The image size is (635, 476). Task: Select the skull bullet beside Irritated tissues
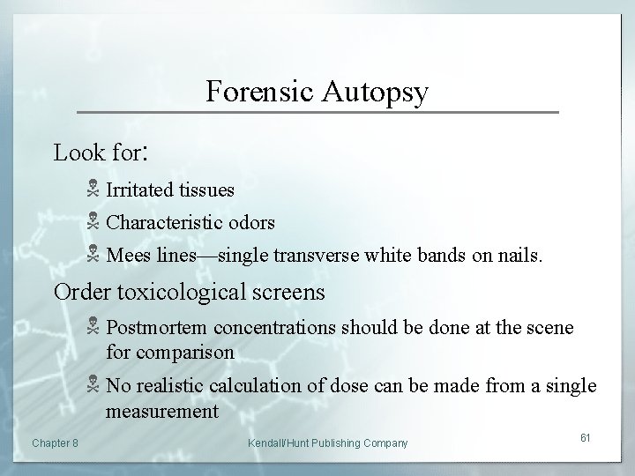93,190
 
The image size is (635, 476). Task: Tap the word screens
287,291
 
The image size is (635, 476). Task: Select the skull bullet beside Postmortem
93,328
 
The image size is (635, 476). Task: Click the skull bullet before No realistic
93,386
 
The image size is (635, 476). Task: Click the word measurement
162,411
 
